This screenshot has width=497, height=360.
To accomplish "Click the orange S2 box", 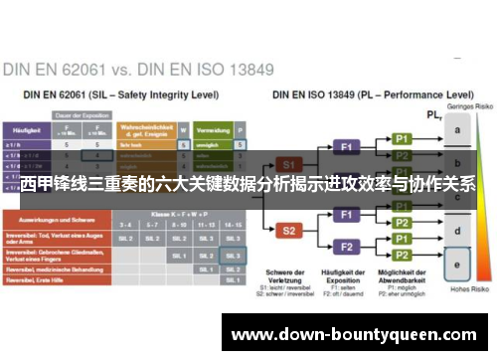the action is pyautogui.click(x=288, y=230).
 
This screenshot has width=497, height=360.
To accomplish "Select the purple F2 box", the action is pyautogui.click(x=347, y=247).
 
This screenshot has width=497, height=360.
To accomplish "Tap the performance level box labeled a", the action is pyautogui.click(x=458, y=130).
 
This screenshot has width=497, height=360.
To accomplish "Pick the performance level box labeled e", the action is pyautogui.click(x=458, y=266).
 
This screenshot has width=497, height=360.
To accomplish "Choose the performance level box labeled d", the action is pyautogui.click(x=458, y=232).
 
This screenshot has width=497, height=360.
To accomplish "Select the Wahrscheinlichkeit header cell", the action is pyautogui.click(x=145, y=130).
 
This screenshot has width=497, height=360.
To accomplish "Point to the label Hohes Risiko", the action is pyautogui.click(x=458, y=289).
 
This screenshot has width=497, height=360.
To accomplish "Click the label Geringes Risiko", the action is pyautogui.click(x=458, y=104).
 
